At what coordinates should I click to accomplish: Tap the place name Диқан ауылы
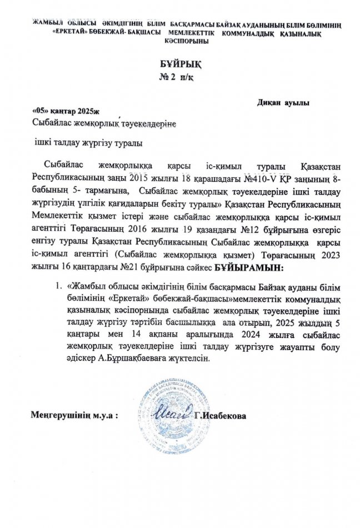(x=283, y=103)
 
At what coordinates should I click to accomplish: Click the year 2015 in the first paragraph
(x=140, y=181)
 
